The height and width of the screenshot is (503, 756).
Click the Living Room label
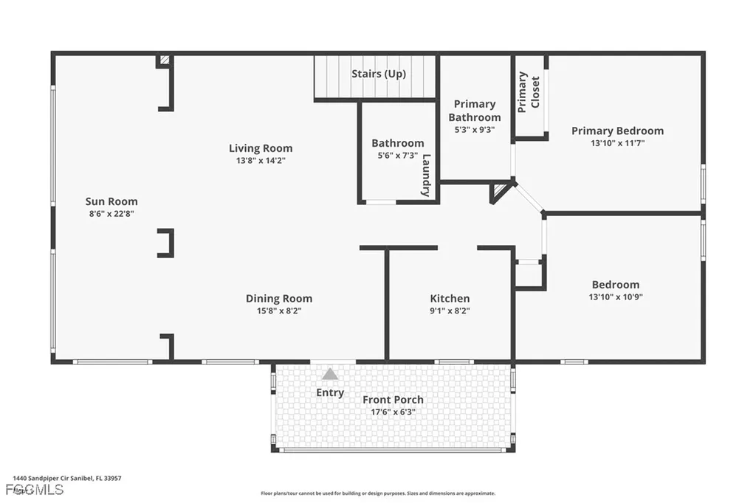coord(260,148)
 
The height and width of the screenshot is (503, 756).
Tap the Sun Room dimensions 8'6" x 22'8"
coord(111,213)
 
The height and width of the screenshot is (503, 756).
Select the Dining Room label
coord(278,299)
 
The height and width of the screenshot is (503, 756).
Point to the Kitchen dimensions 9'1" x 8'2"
coord(450,311)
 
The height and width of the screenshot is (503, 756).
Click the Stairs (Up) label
coord(378,74)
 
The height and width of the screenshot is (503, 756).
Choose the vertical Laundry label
coord(426,175)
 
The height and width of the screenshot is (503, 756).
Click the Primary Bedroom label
coord(617,131)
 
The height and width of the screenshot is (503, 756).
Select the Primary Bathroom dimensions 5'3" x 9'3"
coord(474,129)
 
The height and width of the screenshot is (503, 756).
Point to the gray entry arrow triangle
coord(330,375)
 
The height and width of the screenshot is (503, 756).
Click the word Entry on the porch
coord(330,392)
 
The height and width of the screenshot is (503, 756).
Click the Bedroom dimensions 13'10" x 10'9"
coord(616,296)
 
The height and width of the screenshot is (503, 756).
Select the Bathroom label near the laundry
coord(397,143)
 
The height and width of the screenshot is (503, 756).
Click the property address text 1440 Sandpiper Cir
coord(67,478)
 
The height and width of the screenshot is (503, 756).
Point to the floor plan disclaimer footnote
coord(377,493)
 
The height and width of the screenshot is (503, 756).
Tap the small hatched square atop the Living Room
coord(165,60)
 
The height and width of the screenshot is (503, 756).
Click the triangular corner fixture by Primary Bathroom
coord(500,192)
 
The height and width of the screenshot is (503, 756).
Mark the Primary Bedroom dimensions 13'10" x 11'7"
coord(617,143)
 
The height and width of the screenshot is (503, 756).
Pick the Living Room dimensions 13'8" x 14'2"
coord(260,160)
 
